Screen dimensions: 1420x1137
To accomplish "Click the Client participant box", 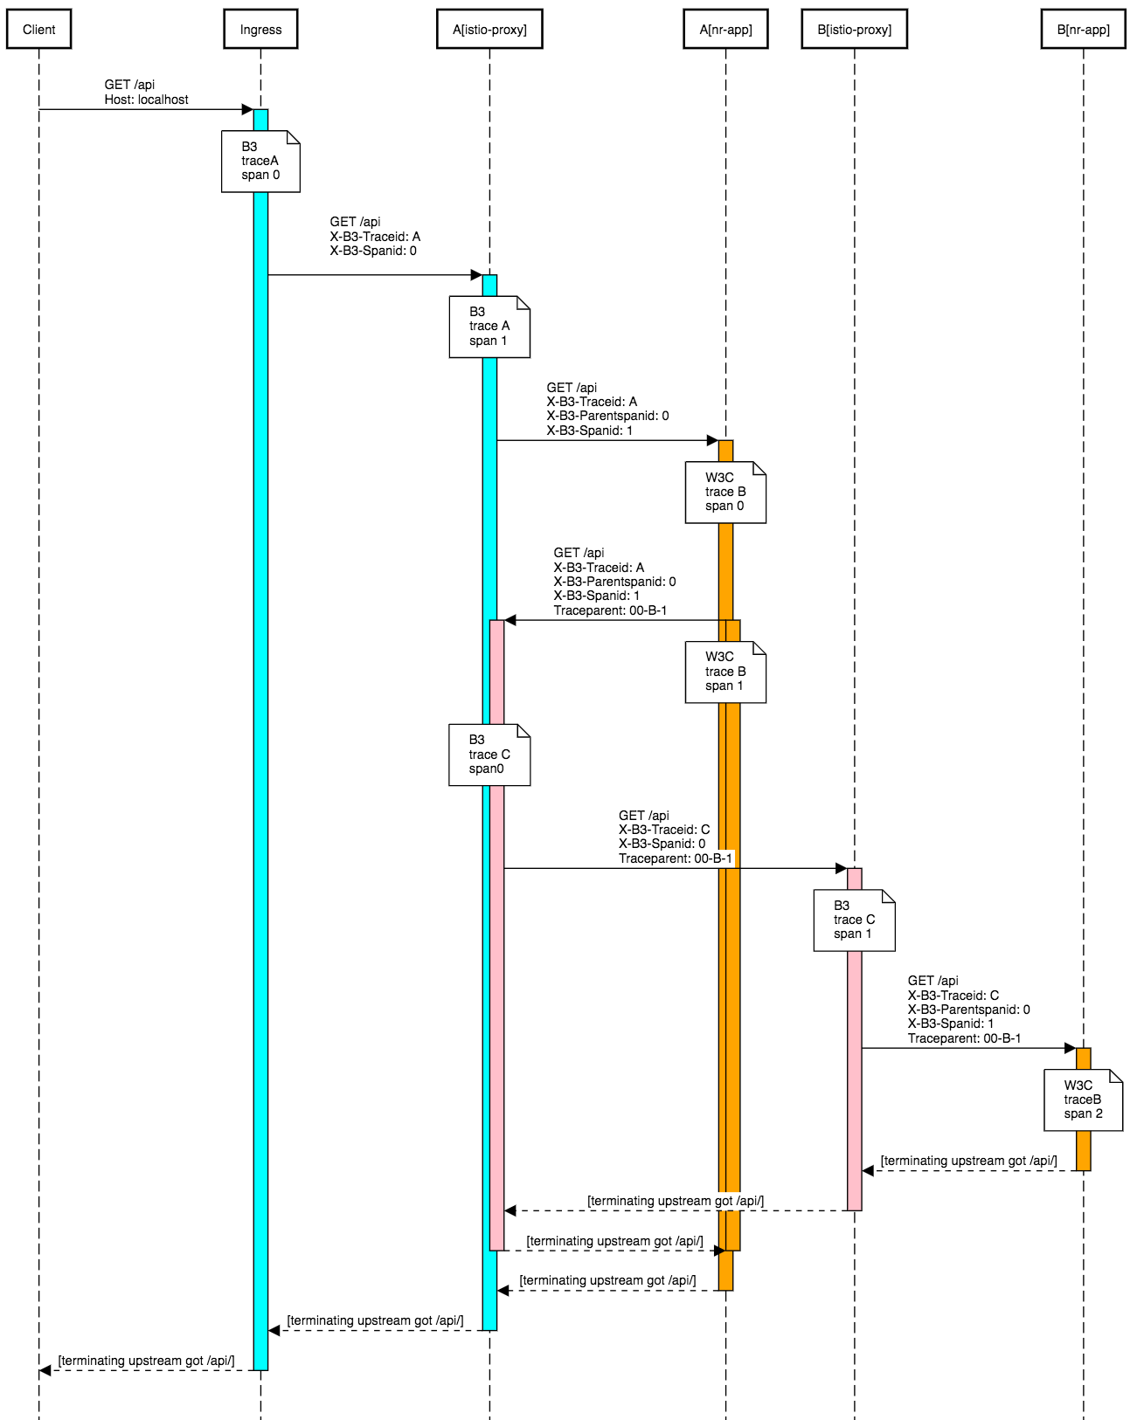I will click(x=38, y=30).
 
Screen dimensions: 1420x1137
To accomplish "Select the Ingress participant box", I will click(x=260, y=30).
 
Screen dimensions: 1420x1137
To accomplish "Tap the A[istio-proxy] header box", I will click(x=489, y=30).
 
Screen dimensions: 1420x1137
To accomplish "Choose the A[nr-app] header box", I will click(x=725, y=30).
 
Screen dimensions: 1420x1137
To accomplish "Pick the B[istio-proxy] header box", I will click(x=854, y=30).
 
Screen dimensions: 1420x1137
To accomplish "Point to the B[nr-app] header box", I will click(x=1083, y=30).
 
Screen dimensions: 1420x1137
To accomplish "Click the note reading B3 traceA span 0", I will click(x=260, y=162).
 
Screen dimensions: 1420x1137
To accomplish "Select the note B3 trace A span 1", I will click(x=489, y=327).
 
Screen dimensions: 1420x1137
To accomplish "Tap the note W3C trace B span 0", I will click(x=725, y=493).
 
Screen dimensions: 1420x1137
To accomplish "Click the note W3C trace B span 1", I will click(x=725, y=672).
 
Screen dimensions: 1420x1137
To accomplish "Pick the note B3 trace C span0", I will click(x=489, y=755).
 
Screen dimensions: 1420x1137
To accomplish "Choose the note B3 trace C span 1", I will click(x=854, y=920).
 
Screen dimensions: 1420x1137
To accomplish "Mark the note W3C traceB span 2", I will click(x=1083, y=1099).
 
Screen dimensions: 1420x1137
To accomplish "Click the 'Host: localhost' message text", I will click(x=146, y=100).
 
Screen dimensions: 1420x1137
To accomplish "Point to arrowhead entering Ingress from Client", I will click(x=247, y=109).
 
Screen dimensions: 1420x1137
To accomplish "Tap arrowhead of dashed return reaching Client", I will click(x=45, y=1370).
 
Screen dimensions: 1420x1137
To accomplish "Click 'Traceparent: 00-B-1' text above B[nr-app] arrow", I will click(x=964, y=1038).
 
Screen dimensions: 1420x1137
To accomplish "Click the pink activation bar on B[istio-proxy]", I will click(x=855, y=1092).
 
